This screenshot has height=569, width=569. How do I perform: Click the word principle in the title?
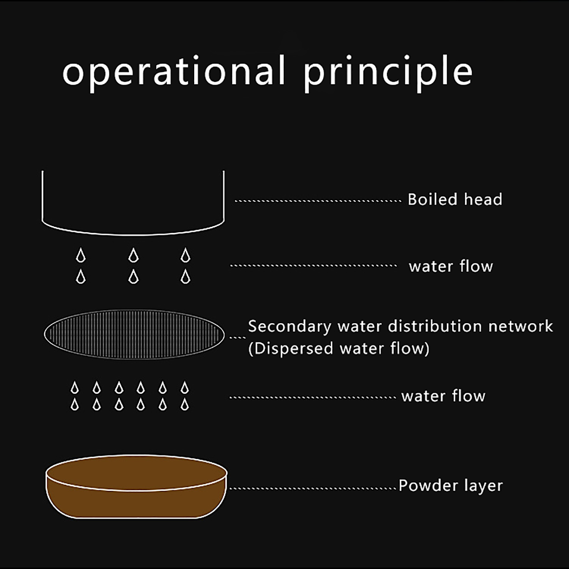(x=388, y=73)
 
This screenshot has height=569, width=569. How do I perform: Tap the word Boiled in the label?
(x=432, y=200)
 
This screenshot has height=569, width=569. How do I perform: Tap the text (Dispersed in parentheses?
(x=290, y=349)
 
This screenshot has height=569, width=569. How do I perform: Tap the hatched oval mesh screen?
(x=134, y=334)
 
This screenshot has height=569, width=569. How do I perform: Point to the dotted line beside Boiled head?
(x=318, y=201)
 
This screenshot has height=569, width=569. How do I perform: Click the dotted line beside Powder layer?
(x=313, y=488)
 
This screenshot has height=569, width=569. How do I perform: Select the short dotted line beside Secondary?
(x=238, y=337)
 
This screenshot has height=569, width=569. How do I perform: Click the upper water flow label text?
(x=451, y=266)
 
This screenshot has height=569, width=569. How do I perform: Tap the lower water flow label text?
(x=443, y=396)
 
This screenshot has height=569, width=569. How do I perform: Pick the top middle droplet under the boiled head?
(x=133, y=255)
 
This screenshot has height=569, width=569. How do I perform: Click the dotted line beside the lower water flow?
(x=313, y=397)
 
